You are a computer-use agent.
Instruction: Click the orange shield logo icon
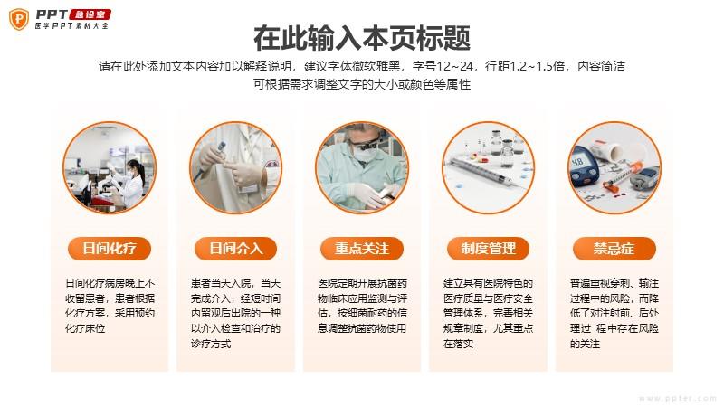(x=19, y=19)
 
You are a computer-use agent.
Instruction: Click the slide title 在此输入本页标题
(x=362, y=38)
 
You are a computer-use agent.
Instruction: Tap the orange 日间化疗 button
(x=110, y=249)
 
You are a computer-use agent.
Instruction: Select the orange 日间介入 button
(x=235, y=249)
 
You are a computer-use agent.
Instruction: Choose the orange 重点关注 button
(x=362, y=249)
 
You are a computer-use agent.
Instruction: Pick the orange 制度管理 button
(x=488, y=249)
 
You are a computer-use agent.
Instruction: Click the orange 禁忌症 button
(x=614, y=249)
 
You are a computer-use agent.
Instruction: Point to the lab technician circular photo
(x=110, y=168)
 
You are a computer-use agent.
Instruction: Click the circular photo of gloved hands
(x=235, y=168)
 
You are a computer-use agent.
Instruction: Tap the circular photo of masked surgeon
(x=362, y=168)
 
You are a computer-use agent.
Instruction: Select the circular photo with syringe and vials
(x=488, y=168)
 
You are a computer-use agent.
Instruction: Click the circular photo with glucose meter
(x=614, y=168)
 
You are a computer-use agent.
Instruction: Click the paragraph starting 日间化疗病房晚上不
(x=110, y=306)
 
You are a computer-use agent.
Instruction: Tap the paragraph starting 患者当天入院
(x=235, y=313)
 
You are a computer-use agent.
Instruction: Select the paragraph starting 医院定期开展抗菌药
(x=362, y=306)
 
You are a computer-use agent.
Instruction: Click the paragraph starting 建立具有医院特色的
(x=488, y=313)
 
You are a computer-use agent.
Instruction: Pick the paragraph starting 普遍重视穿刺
(x=614, y=313)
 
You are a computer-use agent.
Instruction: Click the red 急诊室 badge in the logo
(x=90, y=14)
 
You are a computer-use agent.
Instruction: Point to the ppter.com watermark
(x=677, y=398)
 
